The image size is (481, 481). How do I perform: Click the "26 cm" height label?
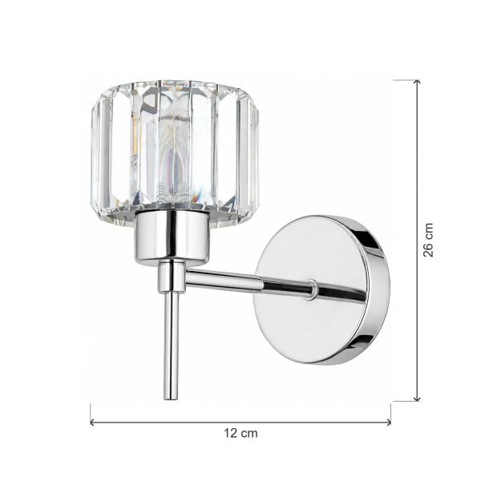(428, 240)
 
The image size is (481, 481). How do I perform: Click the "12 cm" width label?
(240, 434)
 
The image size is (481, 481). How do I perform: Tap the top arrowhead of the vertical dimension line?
(417, 82)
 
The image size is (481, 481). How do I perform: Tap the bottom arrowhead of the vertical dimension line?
(417, 398)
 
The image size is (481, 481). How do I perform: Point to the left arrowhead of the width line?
(92, 422)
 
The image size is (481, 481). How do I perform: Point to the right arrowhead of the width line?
(389, 422)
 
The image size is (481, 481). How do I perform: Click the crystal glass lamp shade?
(175, 152)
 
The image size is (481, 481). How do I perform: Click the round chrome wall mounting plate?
(322, 289)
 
